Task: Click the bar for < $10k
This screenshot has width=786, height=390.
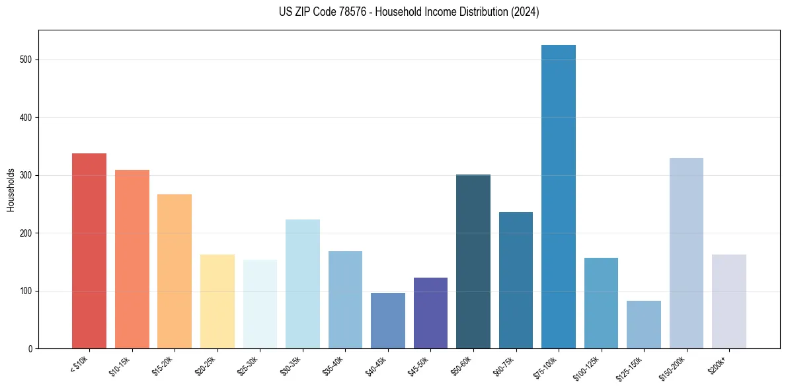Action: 89,251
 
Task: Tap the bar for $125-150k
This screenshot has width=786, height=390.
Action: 644,325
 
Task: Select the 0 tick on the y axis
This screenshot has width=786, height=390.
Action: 31,348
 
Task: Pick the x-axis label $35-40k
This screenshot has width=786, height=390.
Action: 334,366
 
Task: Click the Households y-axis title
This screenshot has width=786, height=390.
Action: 11,190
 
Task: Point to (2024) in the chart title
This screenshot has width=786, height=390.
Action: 525,12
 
